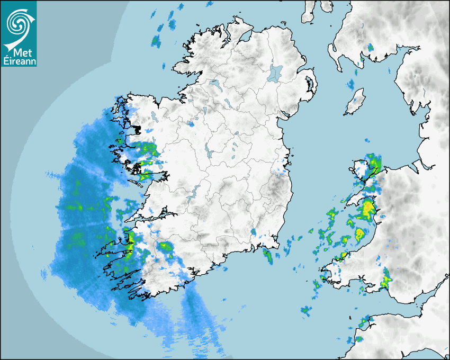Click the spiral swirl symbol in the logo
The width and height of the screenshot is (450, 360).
[x=17, y=22]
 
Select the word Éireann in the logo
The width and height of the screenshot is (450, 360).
[x=19, y=62]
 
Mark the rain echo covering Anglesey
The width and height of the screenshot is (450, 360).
[x=370, y=165]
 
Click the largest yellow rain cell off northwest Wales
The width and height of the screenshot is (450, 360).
[x=366, y=209]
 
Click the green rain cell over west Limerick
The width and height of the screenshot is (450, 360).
[x=166, y=247]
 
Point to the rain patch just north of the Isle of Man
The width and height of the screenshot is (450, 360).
[x=352, y=84]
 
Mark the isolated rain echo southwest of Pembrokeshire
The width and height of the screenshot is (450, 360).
[x=306, y=311]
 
